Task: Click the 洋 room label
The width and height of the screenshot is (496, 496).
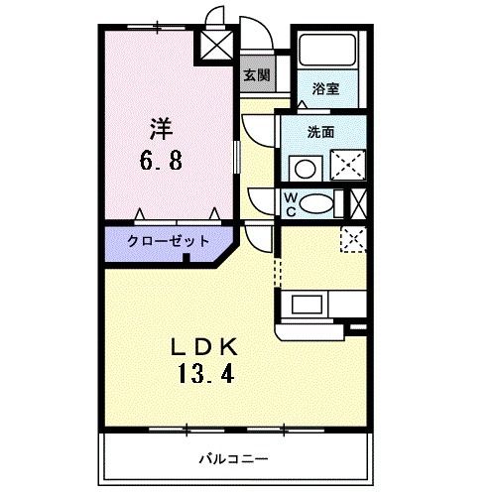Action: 162,127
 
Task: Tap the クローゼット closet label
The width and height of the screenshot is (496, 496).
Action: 168,241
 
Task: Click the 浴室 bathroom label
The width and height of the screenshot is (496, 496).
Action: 324,87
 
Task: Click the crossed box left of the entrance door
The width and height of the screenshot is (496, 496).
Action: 214,43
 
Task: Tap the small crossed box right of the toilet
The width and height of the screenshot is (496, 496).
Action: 359,203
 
